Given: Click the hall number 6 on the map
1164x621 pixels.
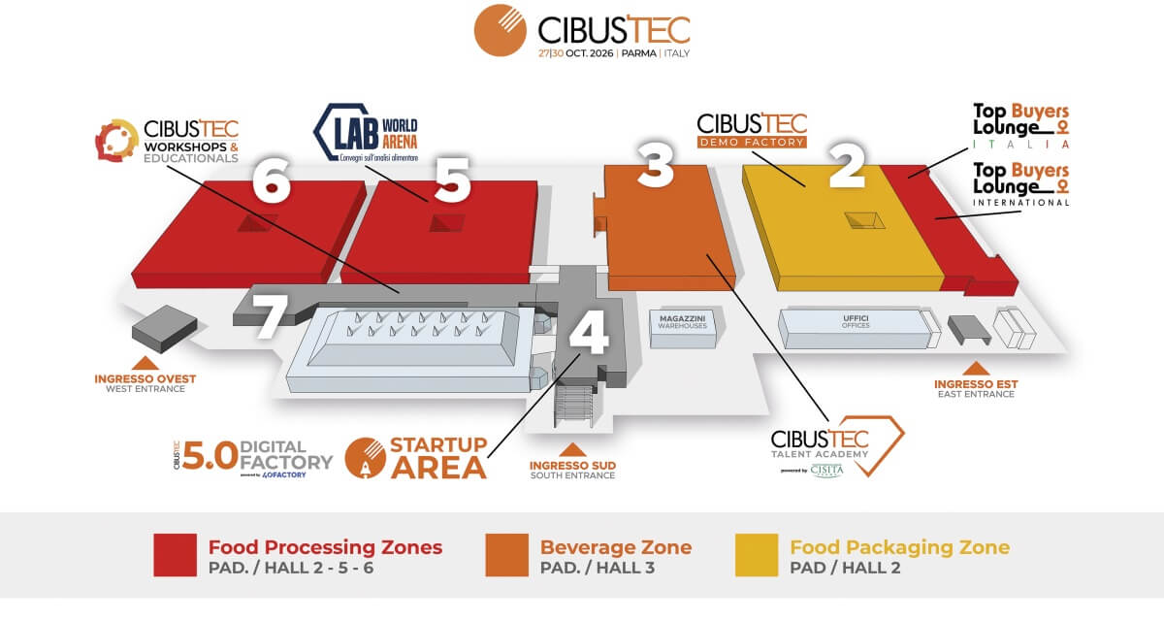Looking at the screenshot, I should (273, 180).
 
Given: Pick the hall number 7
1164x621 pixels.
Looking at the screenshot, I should (271, 316).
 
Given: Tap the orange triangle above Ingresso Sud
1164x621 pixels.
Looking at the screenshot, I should (572, 449).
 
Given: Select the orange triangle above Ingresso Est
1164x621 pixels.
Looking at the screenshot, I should (976, 368).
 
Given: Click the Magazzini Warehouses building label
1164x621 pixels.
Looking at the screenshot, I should (683, 321).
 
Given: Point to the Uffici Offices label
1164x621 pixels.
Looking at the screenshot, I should (856, 321).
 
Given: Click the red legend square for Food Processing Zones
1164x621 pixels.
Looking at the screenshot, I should (175, 556).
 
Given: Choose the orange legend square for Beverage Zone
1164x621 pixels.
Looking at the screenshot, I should (506, 556).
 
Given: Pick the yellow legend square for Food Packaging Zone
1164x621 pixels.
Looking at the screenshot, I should (758, 556).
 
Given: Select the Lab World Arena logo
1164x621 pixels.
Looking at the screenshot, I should (367, 136).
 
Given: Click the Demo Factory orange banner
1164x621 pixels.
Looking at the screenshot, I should (753, 142).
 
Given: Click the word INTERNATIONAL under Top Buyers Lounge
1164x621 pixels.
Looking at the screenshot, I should (1020, 203).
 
